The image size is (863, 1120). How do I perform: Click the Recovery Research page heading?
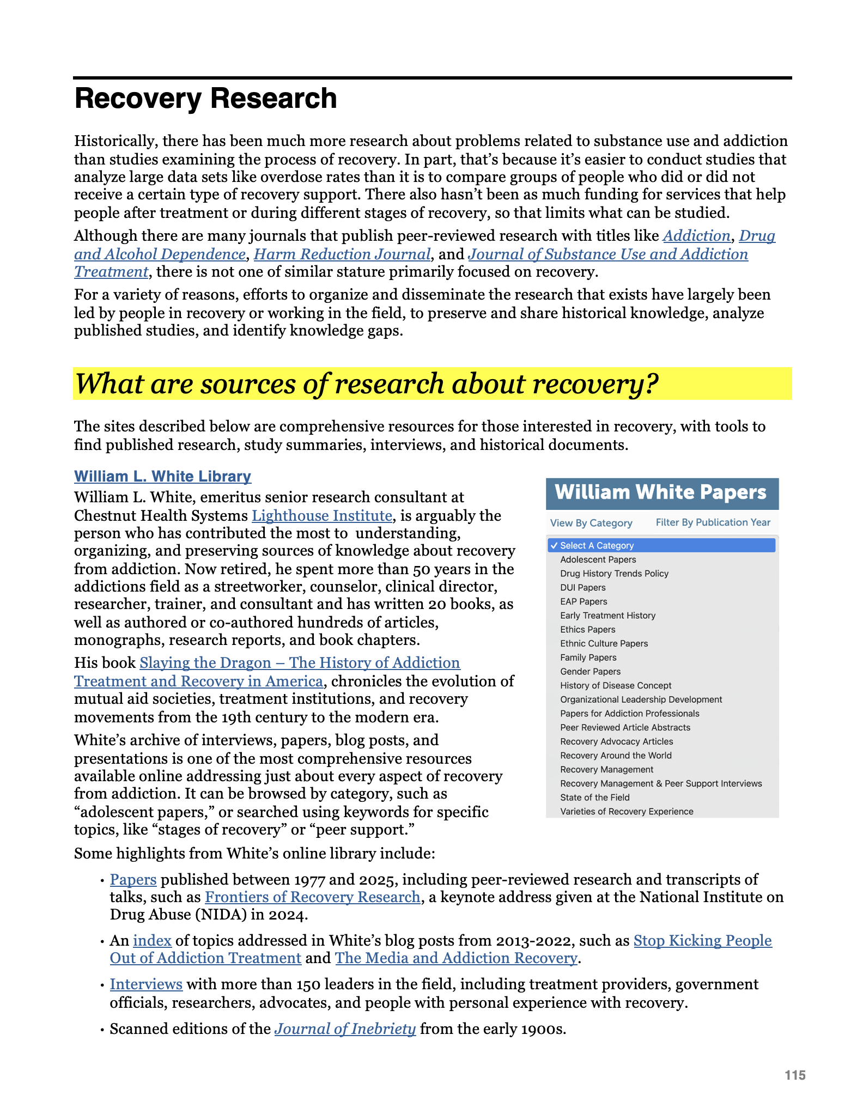[205, 99]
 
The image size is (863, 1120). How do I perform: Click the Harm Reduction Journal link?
[342, 254]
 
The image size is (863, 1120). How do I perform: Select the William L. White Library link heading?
[162, 476]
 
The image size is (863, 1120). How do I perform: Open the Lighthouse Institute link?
[321, 515]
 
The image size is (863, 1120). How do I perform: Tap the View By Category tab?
[591, 523]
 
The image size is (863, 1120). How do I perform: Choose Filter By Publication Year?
[713, 522]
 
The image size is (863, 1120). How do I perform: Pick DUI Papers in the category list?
[582, 587]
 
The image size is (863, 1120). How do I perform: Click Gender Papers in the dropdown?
[590, 672]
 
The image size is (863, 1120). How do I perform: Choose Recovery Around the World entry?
[616, 756]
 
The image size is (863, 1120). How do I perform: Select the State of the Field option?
[594, 798]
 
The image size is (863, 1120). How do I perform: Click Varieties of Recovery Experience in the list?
[627, 812]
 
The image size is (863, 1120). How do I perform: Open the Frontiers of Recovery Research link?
[312, 897]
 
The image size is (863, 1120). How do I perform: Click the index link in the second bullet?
[152, 941]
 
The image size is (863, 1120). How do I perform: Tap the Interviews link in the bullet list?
[146, 984]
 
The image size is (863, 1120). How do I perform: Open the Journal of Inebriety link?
[345, 1029]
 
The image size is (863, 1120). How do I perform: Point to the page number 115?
[794, 1075]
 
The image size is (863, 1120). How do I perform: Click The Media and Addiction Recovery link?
[456, 958]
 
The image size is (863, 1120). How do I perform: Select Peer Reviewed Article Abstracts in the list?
[625, 728]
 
